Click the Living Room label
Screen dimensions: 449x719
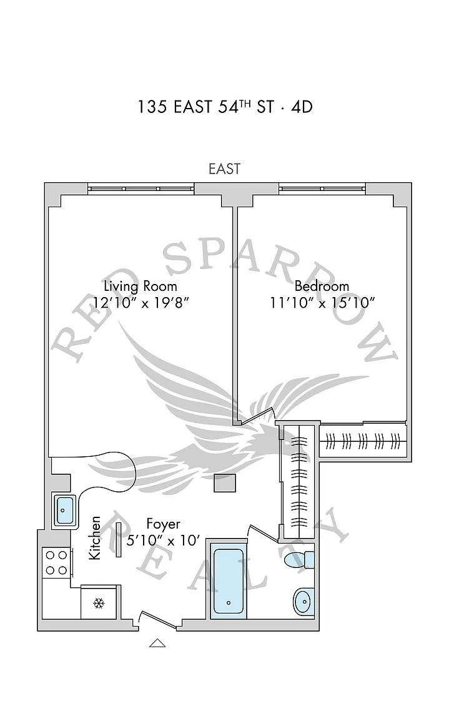(140, 286)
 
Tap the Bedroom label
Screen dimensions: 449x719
(321, 286)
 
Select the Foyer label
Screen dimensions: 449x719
(163, 523)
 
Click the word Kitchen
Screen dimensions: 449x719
(95, 537)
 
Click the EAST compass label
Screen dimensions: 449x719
(225, 169)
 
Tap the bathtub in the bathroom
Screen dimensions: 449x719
(229, 579)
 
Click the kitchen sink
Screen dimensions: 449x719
(64, 510)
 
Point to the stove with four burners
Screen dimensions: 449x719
(56, 562)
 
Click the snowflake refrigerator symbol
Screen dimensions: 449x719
(99, 603)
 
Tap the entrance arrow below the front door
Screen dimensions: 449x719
(157, 643)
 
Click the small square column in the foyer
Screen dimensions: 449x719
(224, 482)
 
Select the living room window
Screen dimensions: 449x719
(141, 188)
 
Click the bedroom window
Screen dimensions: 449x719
(322, 188)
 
